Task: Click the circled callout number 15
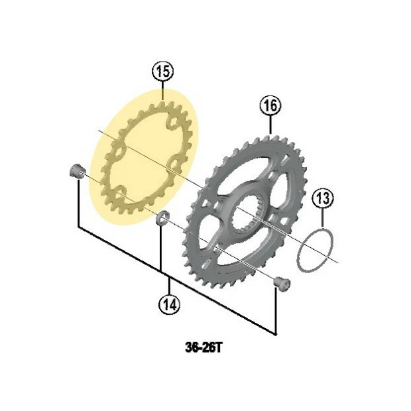pyautogui.click(x=162, y=70)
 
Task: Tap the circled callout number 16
pyautogui.click(x=270, y=105)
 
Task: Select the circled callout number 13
pyautogui.click(x=322, y=197)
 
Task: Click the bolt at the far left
pyautogui.click(x=74, y=170)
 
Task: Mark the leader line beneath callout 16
pyautogui.click(x=270, y=125)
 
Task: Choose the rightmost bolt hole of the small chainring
pyautogui.click(x=175, y=162)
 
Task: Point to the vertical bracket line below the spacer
pyautogui.click(x=161, y=249)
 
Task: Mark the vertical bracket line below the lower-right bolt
pyautogui.click(x=275, y=312)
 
